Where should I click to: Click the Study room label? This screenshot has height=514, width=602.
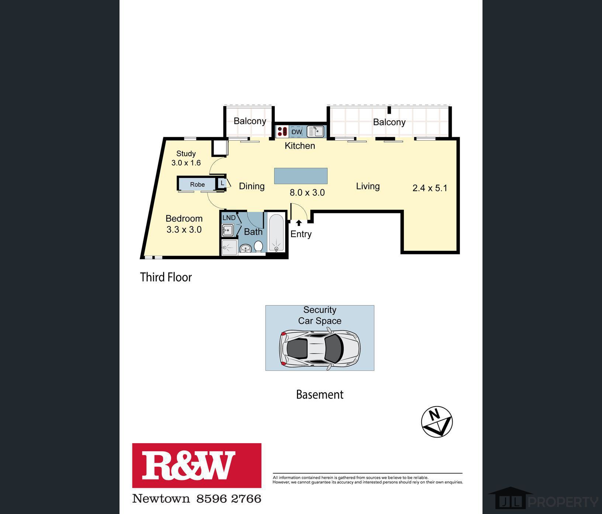pyautogui.click(x=186, y=154)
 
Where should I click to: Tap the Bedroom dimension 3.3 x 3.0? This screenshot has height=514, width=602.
pyautogui.click(x=184, y=230)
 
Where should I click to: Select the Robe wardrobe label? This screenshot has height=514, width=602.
pyautogui.click(x=197, y=184)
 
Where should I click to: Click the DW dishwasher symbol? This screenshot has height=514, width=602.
pyautogui.click(x=297, y=132)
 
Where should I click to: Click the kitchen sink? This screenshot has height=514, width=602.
pyautogui.click(x=315, y=131)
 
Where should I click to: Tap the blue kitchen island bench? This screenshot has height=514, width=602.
pyautogui.click(x=301, y=176)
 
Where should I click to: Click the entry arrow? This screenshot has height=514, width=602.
pyautogui.click(x=299, y=223)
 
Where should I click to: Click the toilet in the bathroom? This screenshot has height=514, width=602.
pyautogui.click(x=258, y=247)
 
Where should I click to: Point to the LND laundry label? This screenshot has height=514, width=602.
pyautogui.click(x=229, y=218)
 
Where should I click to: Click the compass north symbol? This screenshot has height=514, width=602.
pyautogui.click(x=437, y=422)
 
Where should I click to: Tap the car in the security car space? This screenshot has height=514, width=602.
pyautogui.click(x=320, y=348)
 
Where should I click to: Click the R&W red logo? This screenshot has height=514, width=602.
pyautogui.click(x=197, y=466)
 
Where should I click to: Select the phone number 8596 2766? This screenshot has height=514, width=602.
pyautogui.click(x=229, y=499)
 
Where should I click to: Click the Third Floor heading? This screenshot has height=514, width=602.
pyautogui.click(x=166, y=277)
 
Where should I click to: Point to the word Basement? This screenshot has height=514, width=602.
pyautogui.click(x=320, y=395)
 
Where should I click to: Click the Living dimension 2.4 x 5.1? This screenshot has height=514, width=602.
pyautogui.click(x=430, y=188)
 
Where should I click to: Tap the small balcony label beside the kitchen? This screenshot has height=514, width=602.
pyautogui.click(x=250, y=121)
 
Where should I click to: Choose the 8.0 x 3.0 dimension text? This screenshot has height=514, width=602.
pyautogui.click(x=307, y=192)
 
